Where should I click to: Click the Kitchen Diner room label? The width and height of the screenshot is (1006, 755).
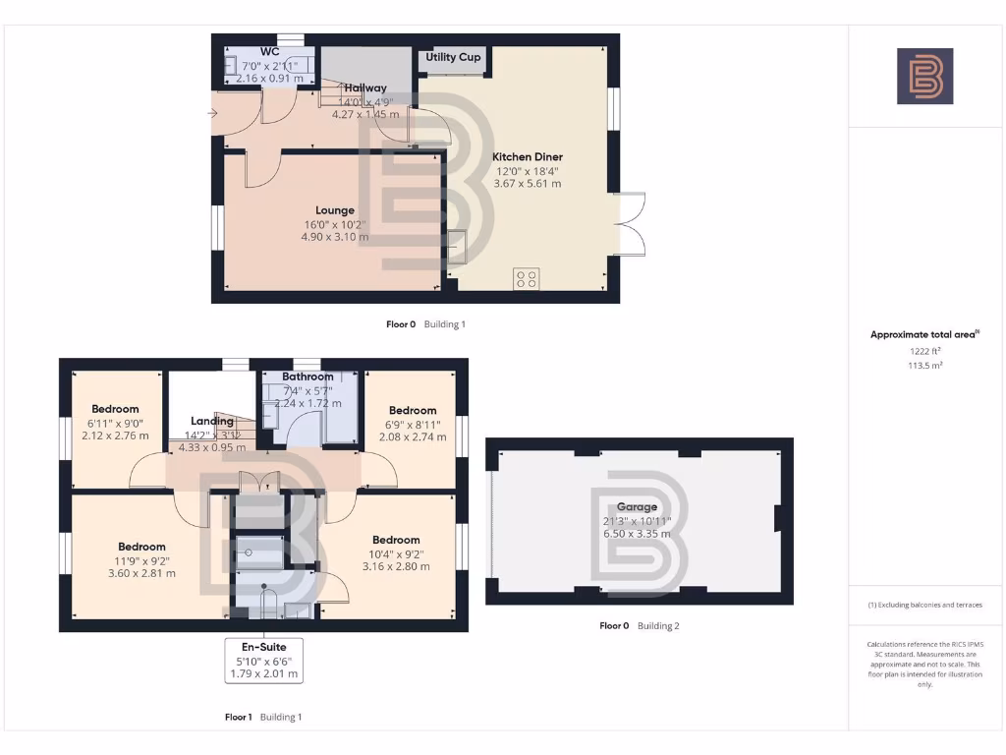(528, 156)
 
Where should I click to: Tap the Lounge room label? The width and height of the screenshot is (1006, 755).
(335, 210)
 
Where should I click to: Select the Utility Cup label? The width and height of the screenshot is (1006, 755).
(453, 57)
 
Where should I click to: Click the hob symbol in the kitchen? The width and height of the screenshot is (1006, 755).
(526, 278)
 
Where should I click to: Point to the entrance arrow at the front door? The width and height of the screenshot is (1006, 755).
(215, 113)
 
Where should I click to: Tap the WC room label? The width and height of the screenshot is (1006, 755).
(270, 51)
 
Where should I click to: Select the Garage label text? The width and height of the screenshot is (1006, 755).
(638, 507)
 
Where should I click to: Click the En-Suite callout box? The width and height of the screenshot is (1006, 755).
(262, 660)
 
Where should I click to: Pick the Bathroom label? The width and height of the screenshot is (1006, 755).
(307, 377)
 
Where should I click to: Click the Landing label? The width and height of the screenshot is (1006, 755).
(211, 421)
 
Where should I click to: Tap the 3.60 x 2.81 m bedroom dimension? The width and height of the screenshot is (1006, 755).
(142, 573)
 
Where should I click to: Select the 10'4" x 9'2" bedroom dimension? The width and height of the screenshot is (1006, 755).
(396, 553)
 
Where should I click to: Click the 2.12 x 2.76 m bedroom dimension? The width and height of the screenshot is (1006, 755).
(115, 436)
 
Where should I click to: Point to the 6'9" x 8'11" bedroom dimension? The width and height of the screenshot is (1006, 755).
(412, 424)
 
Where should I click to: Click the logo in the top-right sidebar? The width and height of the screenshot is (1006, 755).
(924, 76)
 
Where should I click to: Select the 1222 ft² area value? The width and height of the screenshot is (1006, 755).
(924, 350)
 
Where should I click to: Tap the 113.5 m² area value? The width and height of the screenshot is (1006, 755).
(924, 365)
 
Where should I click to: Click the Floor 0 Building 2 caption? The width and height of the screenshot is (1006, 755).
(640, 625)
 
